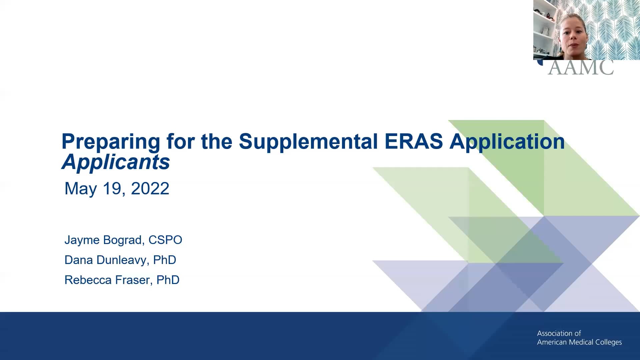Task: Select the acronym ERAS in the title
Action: pyautogui.click(x=414, y=141)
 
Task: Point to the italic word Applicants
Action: pyautogui.click(x=116, y=163)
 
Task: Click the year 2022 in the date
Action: pyautogui.click(x=150, y=189)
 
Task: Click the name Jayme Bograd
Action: pyautogui.click(x=103, y=240)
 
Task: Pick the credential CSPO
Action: pyautogui.click(x=165, y=240)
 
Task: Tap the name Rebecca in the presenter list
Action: pyautogui.click(x=88, y=280)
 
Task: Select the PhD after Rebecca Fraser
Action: pyautogui.click(x=168, y=280)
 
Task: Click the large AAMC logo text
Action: pyautogui.click(x=580, y=68)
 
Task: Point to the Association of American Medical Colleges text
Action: pyautogui.click(x=579, y=338)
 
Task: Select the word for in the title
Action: pyautogui.click(x=180, y=141)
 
